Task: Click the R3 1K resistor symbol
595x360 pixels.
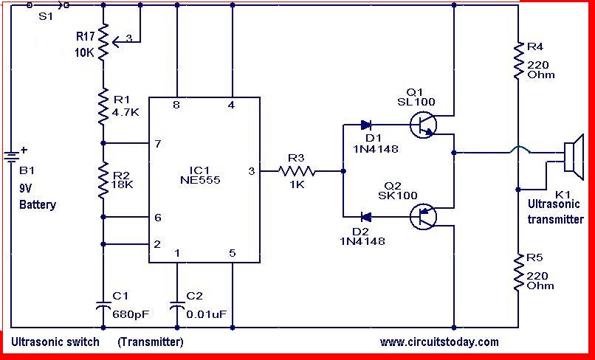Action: click(297, 171)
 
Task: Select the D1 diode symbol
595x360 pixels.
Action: click(366, 125)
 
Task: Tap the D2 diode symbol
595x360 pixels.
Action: click(366, 217)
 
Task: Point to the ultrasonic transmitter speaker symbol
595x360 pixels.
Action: click(574, 156)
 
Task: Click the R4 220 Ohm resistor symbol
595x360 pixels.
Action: click(518, 60)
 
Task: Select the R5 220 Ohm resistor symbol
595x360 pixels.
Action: click(518, 272)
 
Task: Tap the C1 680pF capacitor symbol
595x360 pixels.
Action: click(103, 305)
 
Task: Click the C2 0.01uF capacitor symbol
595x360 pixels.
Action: click(177, 305)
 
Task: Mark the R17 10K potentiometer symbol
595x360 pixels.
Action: click(108, 42)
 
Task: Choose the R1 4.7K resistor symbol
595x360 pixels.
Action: click(103, 106)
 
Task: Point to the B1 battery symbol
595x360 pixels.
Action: click(11, 156)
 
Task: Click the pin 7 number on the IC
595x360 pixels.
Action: click(158, 144)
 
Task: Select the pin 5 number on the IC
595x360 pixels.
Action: click(233, 253)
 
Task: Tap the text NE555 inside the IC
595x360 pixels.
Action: click(200, 180)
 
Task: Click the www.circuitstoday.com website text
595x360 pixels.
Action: click(439, 342)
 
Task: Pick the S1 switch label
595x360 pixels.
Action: click(46, 16)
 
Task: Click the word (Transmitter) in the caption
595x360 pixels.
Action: click(151, 342)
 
